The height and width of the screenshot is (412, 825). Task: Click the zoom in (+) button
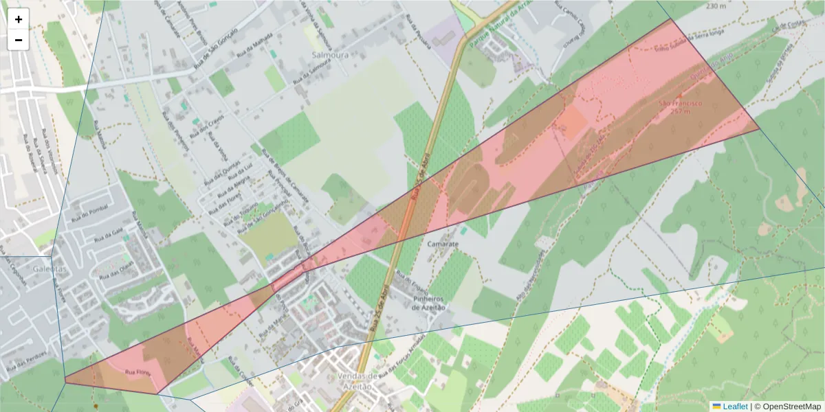[19, 19]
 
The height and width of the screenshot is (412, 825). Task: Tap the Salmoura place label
[330, 54]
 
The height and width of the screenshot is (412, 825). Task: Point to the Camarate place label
[442, 244]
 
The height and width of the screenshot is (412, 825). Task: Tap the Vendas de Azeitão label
[358, 382]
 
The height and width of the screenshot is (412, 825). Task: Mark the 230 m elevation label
[716, 6]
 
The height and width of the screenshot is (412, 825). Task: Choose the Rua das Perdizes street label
[28, 365]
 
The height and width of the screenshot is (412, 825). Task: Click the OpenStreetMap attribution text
[791, 407]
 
